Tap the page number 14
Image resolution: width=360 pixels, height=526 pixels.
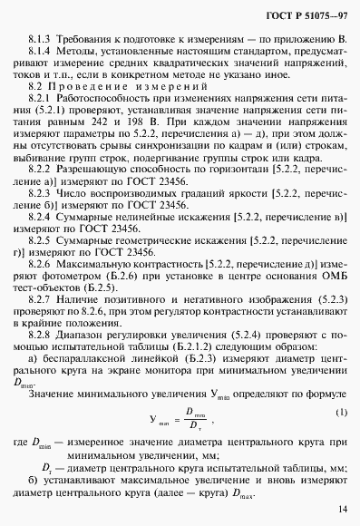click(340, 509)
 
